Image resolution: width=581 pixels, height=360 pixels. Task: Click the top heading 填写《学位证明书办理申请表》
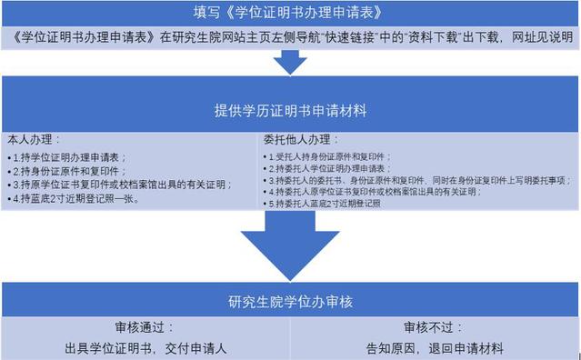coord(290,12)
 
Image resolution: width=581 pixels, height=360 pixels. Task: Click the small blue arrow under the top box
coord(290,62)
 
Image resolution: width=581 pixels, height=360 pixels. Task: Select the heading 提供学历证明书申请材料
coord(290,110)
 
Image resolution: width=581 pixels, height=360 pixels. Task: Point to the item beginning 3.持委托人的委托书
coord(414,181)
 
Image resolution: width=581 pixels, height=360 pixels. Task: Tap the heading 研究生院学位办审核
coord(290,299)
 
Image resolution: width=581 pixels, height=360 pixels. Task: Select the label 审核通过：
coord(145,327)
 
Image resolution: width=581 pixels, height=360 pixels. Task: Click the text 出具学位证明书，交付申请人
coord(145,347)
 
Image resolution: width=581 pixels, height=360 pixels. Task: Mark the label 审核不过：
coord(435,327)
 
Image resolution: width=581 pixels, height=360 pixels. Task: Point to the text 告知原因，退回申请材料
coord(435,347)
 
